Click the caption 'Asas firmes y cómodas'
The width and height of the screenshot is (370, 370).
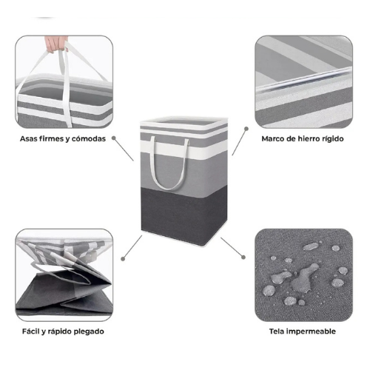tap(63, 139)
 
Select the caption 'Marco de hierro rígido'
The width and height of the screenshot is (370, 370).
tap(303, 139)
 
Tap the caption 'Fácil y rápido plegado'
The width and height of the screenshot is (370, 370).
tap(63, 332)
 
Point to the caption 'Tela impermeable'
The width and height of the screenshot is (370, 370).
tap(303, 331)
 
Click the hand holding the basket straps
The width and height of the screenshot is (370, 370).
tap(56, 44)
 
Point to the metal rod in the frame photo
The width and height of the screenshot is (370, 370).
tap(304, 79)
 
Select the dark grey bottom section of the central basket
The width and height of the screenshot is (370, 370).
tap(184, 215)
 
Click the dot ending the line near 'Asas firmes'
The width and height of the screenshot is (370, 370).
tap(114, 138)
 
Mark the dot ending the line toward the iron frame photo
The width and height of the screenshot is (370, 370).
tap(246, 129)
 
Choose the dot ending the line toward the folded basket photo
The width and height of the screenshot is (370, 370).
tap(123, 258)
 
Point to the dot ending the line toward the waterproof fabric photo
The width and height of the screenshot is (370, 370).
tap(243, 258)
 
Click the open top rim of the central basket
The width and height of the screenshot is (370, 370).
tap(184, 124)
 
